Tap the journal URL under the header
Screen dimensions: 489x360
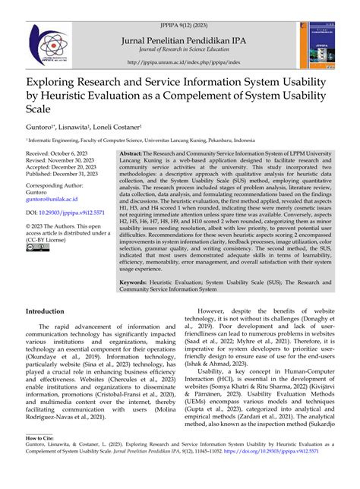pos(179,62)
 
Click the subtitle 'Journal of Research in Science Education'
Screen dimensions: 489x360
pos(179,41)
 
